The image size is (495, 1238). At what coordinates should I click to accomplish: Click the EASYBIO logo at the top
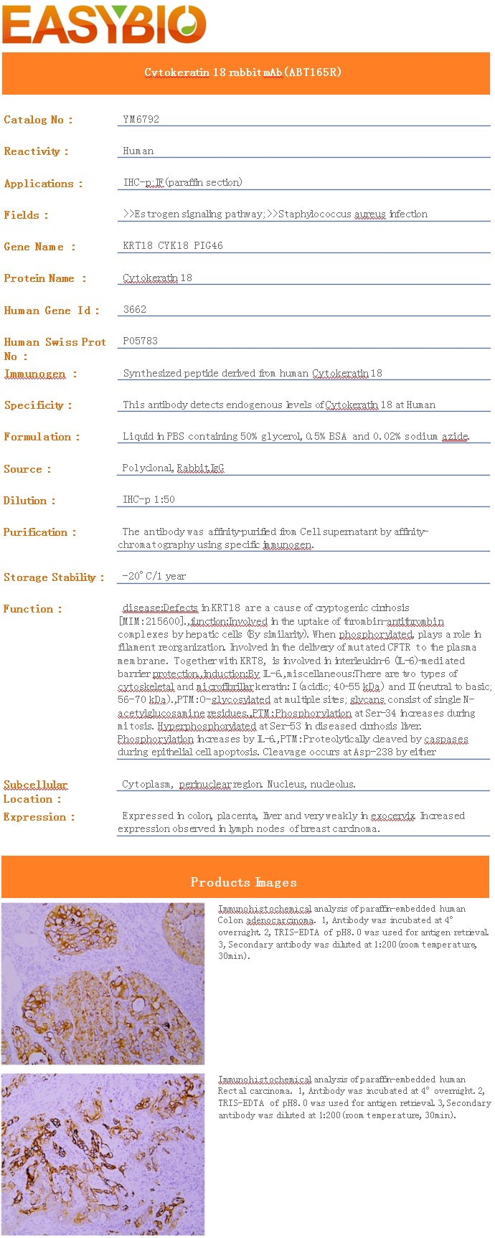click(x=105, y=24)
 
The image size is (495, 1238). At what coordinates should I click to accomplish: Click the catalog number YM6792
click(x=141, y=120)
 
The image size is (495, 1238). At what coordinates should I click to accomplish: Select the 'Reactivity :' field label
click(x=36, y=151)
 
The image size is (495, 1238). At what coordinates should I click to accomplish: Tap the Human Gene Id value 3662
click(x=135, y=309)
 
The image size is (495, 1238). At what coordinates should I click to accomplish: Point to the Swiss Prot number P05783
click(x=141, y=341)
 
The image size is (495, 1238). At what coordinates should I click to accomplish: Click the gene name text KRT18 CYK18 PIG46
click(x=173, y=245)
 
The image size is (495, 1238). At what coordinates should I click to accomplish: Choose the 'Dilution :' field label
click(x=29, y=501)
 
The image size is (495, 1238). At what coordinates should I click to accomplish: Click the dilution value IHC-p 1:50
click(x=149, y=499)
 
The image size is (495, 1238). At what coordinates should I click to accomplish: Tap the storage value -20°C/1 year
click(x=154, y=576)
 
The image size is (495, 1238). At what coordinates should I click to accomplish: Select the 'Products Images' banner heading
click(x=244, y=882)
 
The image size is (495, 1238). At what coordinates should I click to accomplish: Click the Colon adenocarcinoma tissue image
click(x=103, y=983)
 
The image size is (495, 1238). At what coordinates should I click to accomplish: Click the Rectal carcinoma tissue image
click(x=103, y=1154)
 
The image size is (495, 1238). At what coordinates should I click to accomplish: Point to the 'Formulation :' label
click(x=42, y=437)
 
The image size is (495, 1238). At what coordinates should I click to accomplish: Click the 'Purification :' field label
click(x=39, y=532)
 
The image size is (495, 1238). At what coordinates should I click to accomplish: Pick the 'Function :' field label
click(x=33, y=609)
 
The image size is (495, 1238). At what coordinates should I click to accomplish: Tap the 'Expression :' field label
click(x=39, y=817)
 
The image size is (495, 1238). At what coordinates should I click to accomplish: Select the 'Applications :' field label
click(x=43, y=184)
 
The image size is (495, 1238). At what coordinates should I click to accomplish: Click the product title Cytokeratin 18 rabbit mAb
click(x=243, y=72)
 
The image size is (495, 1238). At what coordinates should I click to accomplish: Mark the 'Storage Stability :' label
click(x=54, y=577)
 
